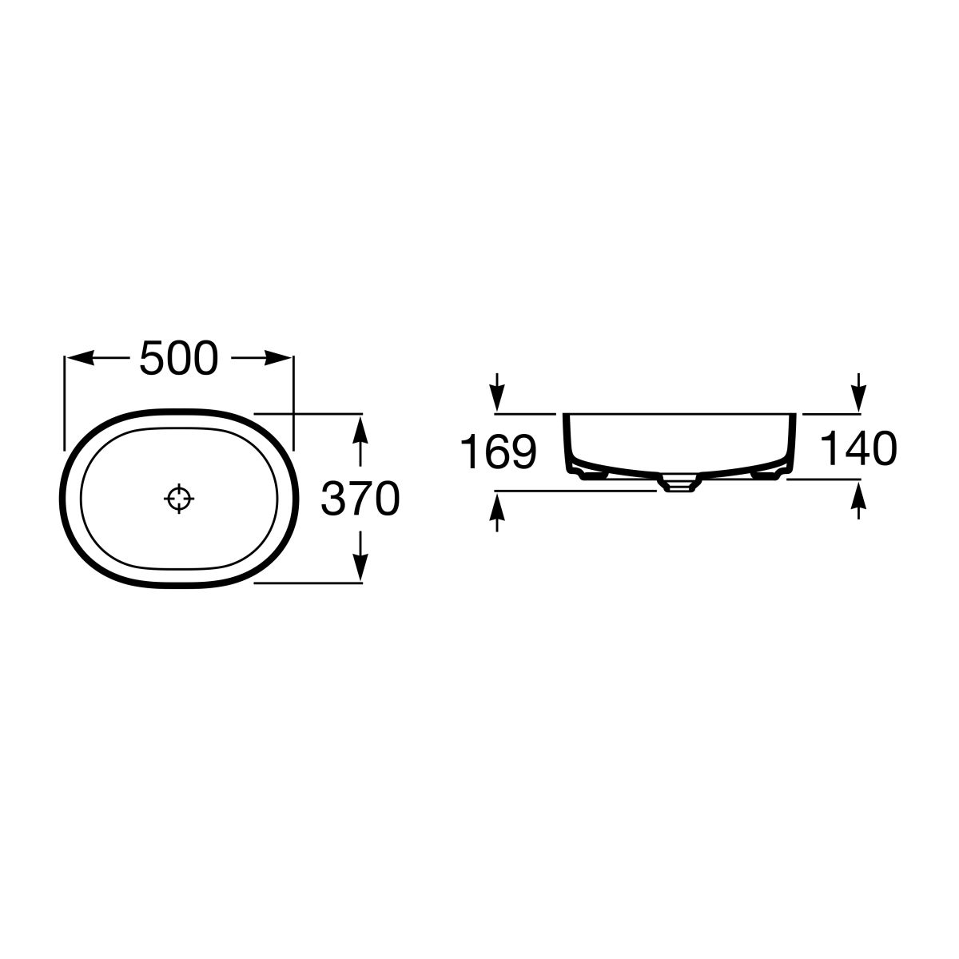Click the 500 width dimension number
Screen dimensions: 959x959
[x=179, y=358]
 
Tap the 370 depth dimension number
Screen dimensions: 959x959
[x=360, y=498]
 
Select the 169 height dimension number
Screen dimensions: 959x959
[x=498, y=452]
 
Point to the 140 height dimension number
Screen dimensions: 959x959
[x=858, y=448]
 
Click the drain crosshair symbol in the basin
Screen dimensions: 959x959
[x=179, y=498]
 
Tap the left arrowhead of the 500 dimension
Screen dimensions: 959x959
[x=80, y=358]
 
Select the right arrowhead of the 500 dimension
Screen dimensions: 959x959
[x=277, y=358]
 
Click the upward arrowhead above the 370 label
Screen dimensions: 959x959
[x=360, y=429]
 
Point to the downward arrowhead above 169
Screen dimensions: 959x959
[x=497, y=398]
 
